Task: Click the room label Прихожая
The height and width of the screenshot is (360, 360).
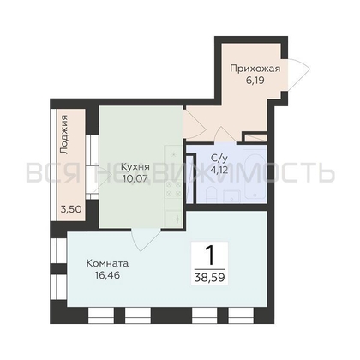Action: [255, 69]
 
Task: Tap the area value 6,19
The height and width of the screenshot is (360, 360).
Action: [255, 81]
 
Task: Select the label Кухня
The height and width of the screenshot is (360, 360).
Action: [135, 167]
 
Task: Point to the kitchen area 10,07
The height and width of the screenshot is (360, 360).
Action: [135, 178]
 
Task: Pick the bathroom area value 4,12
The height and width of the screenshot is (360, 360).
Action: [219, 170]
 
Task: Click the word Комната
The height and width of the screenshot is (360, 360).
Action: [107, 263]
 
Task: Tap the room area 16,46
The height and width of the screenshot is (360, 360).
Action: [107, 275]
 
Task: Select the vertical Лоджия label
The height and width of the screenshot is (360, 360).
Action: [64, 135]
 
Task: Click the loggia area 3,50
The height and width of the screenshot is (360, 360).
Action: [71, 209]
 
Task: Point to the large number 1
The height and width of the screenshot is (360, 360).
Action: [210, 255]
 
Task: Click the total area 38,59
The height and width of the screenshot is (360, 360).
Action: [209, 277]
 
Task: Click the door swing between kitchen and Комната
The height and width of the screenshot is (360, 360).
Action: [144, 239]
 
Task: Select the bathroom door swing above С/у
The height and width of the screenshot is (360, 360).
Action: [225, 135]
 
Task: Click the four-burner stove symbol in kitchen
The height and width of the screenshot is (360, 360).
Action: [174, 189]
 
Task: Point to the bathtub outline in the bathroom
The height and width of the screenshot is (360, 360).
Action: [255, 173]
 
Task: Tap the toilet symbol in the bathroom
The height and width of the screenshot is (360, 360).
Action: [212, 195]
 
